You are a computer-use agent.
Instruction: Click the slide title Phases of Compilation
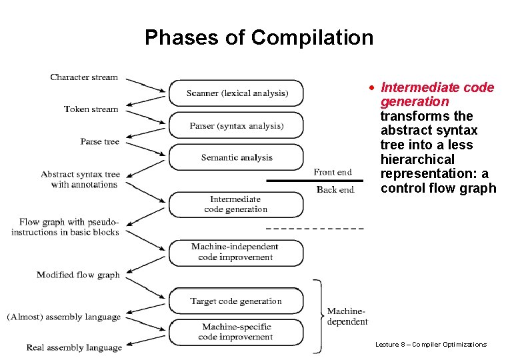coord(259,37)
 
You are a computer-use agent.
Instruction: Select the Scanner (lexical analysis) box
coord(236,93)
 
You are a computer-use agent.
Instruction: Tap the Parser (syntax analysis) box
coord(236,125)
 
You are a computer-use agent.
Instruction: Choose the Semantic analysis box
coord(236,157)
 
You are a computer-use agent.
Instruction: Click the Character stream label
coord(84,77)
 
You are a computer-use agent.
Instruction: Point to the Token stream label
coord(91,109)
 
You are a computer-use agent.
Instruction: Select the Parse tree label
coord(100,141)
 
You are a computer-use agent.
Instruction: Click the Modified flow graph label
coord(78,275)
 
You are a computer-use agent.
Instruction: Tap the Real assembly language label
coord(74,347)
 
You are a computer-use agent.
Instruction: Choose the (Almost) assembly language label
coord(64,317)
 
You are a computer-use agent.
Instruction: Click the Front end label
coord(332,173)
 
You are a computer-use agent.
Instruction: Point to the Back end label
coord(335,190)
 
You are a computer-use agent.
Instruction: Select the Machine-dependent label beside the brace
coord(347,316)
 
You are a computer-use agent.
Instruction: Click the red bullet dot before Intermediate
coord(374,88)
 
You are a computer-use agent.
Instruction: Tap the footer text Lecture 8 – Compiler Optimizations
coord(431,345)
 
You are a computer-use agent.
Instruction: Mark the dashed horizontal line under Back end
coord(315,229)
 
